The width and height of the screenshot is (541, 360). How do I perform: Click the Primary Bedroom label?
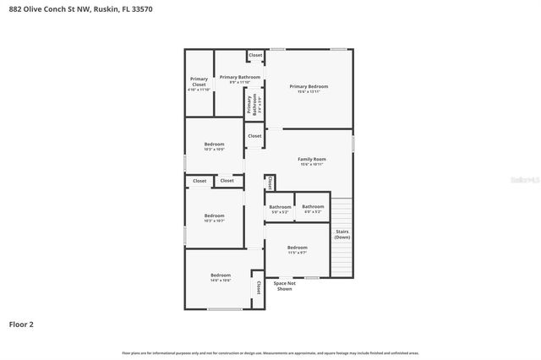click(x=309, y=86)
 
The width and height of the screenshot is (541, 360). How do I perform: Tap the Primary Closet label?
click(x=199, y=82)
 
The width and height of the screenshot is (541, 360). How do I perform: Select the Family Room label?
click(x=312, y=159)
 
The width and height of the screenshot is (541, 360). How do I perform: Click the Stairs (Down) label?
click(x=342, y=233)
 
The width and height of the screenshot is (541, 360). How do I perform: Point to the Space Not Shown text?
click(x=285, y=286)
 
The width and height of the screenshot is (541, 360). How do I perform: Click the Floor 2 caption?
click(x=21, y=324)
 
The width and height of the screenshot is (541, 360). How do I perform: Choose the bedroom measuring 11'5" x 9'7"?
click(x=297, y=249)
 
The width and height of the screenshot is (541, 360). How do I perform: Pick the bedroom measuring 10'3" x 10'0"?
click(x=215, y=146)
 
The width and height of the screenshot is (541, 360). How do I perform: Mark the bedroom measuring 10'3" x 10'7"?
click(x=215, y=217)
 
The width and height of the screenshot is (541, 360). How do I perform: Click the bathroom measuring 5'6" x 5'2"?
click(x=280, y=209)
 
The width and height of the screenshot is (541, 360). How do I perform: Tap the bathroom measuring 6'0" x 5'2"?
click(x=313, y=209)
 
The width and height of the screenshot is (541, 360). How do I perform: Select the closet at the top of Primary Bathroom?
click(x=254, y=56)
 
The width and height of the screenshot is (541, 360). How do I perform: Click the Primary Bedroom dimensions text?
click(x=309, y=91)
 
